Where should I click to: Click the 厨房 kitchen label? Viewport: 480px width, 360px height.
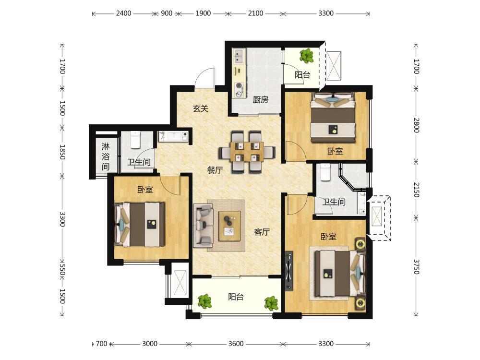pyautogui.click(x=261, y=99)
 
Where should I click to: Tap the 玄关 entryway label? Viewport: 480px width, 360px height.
pyautogui.click(x=201, y=108)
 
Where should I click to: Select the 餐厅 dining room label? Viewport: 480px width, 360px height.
pyautogui.click(x=215, y=170)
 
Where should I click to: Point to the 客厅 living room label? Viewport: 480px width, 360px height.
pyautogui.click(x=262, y=232)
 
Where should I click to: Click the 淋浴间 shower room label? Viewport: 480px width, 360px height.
pyautogui.click(x=106, y=156)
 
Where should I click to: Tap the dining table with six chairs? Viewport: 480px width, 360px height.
pyautogui.click(x=247, y=152)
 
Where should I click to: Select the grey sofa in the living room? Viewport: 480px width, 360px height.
pyautogui.click(x=203, y=226)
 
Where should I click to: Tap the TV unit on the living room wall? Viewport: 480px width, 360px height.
pyautogui.click(x=288, y=271)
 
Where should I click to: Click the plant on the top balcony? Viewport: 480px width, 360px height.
pyautogui.click(x=306, y=56)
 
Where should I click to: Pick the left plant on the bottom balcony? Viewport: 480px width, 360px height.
pyautogui.click(x=204, y=301)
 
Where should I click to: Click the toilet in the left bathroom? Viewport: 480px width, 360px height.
pyautogui.click(x=135, y=140)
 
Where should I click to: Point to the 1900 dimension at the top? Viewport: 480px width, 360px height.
pyautogui.click(x=203, y=13)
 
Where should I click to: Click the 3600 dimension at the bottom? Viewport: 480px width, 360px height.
pyautogui.click(x=236, y=344)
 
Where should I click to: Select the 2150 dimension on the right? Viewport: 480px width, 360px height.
pyautogui.click(x=416, y=190)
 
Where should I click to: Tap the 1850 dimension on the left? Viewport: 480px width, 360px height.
pyautogui.click(x=62, y=152)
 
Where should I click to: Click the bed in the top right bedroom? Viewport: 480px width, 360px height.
pyautogui.click(x=333, y=118)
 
